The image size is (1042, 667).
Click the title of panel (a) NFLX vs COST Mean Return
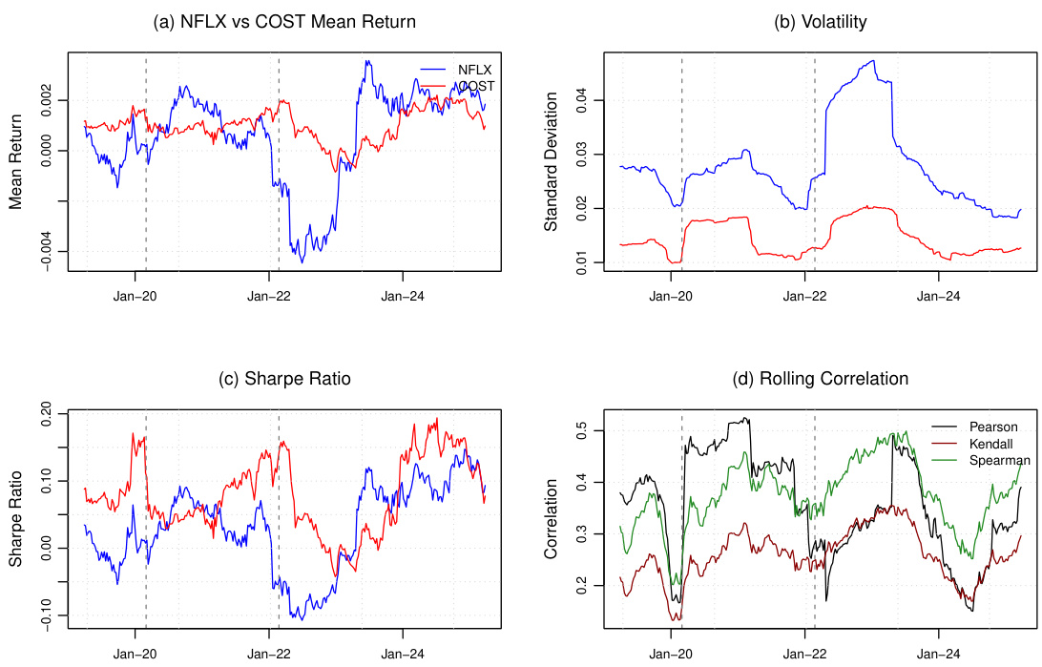click(284, 22)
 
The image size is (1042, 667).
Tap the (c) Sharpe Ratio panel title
click(284, 379)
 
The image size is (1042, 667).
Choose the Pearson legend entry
click(993, 426)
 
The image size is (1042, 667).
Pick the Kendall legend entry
click(992, 443)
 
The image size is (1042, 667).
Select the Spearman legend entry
click(998, 460)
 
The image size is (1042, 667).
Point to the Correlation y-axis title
click(551, 521)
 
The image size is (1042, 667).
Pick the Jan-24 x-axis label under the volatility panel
click(939, 296)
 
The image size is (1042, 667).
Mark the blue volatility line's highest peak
click(872, 61)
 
